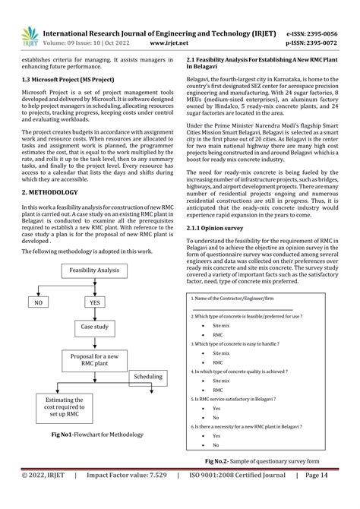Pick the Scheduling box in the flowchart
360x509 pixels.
click(x=148, y=377)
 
